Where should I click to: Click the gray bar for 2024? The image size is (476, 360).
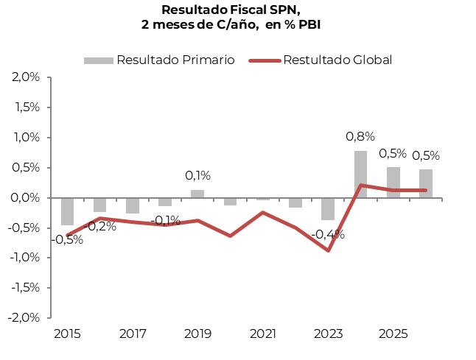coord(360,174)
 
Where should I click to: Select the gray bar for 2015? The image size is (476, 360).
coord(67,211)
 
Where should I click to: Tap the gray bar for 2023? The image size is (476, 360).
coord(328,209)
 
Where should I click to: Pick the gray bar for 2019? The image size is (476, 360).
coord(197,194)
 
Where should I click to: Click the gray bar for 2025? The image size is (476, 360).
coord(393,183)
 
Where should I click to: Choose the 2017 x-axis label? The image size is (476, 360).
coord(133,334)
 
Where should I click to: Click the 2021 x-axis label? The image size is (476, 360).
coord(263,334)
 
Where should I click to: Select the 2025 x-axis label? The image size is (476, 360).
coord(393,334)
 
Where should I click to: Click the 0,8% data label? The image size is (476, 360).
coord(360,136)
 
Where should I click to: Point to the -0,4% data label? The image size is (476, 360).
coord(327,235)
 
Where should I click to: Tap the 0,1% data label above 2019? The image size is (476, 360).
coord(197,175)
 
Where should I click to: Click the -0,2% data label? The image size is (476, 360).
coord(100,227)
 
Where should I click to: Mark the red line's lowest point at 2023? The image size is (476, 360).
coord(328,250)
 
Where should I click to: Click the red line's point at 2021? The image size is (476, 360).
coord(263,212)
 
